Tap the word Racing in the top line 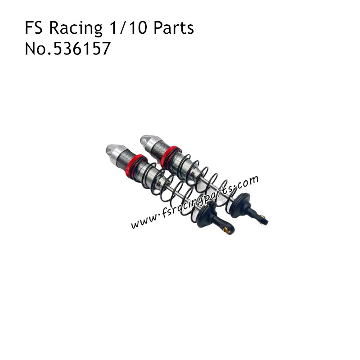click(x=75, y=29)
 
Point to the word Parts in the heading click(x=173, y=28)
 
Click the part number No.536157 click(x=67, y=49)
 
